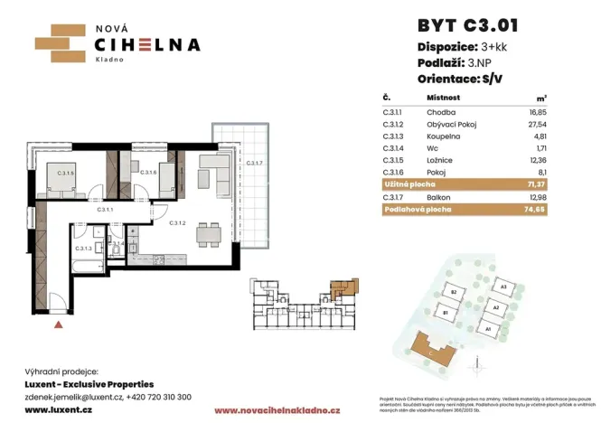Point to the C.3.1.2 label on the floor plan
click(177, 223)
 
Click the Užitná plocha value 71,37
click(539, 183)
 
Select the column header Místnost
click(444, 97)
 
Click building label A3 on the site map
click(502, 286)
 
